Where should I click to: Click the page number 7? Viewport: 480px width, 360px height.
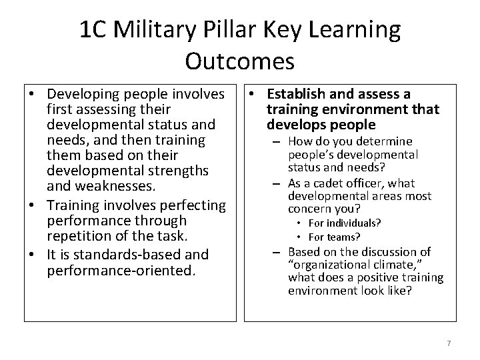point(449,343)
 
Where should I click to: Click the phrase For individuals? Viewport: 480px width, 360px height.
point(339,223)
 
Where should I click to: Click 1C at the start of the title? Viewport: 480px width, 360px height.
point(93,30)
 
